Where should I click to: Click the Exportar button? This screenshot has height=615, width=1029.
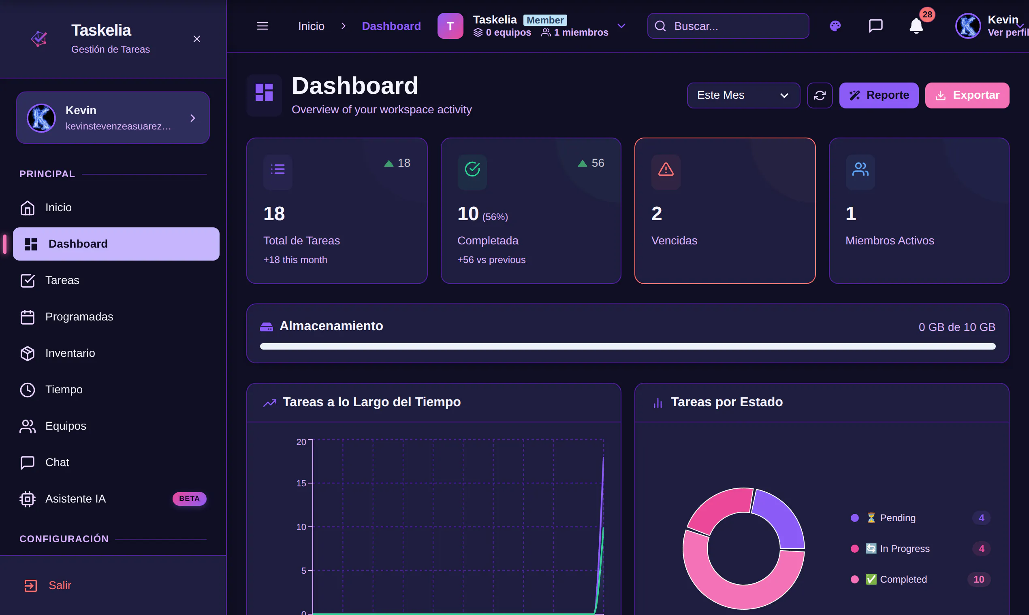[x=967, y=95]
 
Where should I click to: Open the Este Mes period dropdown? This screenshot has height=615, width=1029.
[x=743, y=95]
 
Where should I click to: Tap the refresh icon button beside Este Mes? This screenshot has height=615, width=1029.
[x=820, y=95]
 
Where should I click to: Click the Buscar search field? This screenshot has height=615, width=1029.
[x=728, y=26]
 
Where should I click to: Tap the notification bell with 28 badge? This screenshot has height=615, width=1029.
[x=916, y=26]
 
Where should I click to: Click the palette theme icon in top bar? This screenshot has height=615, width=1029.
[x=835, y=26]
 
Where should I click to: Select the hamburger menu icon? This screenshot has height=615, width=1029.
[x=262, y=26]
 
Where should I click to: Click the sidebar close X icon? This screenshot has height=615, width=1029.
[x=196, y=39]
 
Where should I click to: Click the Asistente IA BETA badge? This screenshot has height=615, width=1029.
[x=189, y=498]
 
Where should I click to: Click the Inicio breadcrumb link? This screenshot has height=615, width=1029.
[x=311, y=26]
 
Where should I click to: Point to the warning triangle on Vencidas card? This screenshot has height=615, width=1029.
[x=666, y=170]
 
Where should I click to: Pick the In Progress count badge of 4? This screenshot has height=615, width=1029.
[x=981, y=549]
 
